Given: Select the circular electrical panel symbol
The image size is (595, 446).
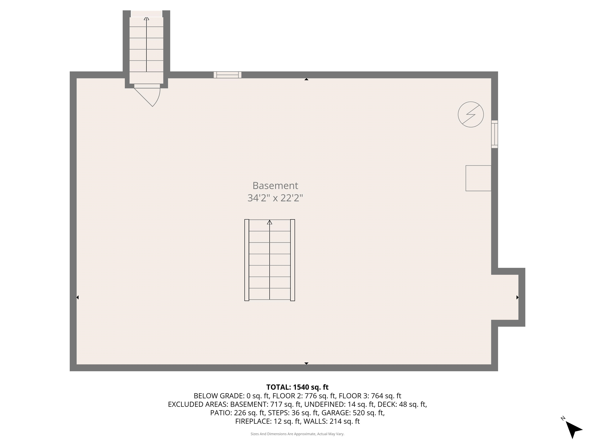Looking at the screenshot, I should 470,115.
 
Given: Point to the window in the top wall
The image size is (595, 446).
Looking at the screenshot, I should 227,75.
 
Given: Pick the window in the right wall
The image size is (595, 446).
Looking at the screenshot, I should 494,134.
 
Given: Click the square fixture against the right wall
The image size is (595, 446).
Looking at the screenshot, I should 478,178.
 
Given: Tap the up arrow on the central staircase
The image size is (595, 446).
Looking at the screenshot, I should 270,222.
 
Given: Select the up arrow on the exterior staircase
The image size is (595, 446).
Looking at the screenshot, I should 146,19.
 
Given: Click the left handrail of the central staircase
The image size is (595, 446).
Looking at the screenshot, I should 247,260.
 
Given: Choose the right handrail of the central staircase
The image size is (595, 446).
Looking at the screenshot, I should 292,260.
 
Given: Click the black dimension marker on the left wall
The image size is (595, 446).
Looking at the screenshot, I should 77,297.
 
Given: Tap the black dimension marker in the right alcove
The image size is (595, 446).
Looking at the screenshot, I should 517,297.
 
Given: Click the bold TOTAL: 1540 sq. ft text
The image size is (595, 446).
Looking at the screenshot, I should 297,387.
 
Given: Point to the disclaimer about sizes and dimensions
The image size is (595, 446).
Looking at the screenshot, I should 297,434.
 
